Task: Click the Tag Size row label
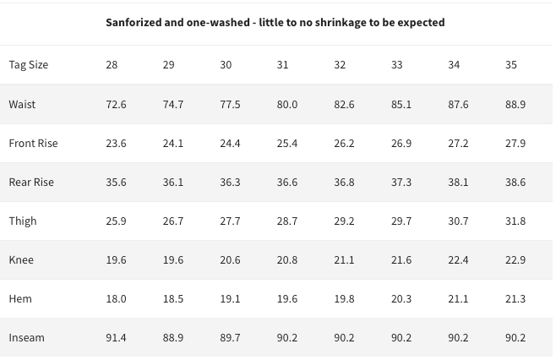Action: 29,65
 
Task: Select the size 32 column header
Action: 340,65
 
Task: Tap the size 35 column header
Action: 511,65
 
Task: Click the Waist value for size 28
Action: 116,104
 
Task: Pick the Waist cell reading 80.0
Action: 287,104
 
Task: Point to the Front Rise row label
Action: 33,144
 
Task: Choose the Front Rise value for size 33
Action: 401,144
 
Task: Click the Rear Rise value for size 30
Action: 230,183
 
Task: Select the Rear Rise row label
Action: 31,183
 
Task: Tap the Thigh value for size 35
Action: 515,221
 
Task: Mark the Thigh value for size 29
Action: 173,221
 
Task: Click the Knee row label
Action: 21,260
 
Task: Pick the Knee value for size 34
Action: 459,260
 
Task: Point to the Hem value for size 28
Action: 116,299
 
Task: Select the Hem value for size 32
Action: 344,299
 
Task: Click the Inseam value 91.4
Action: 116,338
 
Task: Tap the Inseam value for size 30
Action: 230,338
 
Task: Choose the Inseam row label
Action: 26,338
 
